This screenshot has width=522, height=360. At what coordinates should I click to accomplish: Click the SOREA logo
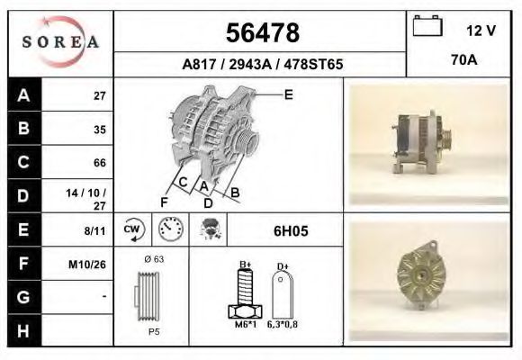pyautogui.click(x=60, y=42)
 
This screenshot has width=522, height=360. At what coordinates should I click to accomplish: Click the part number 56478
pyautogui.click(x=261, y=33)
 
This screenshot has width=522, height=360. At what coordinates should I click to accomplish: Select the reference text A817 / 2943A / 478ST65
pyautogui.click(x=261, y=65)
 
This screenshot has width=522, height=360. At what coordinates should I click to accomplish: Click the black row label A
pyautogui.click(x=23, y=95)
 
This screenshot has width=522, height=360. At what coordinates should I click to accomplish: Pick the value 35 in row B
pyautogui.click(x=99, y=129)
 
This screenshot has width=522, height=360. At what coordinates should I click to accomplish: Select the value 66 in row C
pyautogui.click(x=99, y=163)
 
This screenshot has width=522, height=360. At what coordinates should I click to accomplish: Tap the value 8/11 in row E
pyautogui.click(x=94, y=230)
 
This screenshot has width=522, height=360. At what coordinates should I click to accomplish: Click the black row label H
pyautogui.click(x=23, y=331)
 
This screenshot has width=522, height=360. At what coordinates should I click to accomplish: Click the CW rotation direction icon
pyautogui.click(x=133, y=230)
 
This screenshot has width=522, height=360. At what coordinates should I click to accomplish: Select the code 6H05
pyautogui.click(x=291, y=231)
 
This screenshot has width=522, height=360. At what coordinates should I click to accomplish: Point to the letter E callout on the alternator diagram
pyautogui.click(x=288, y=94)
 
